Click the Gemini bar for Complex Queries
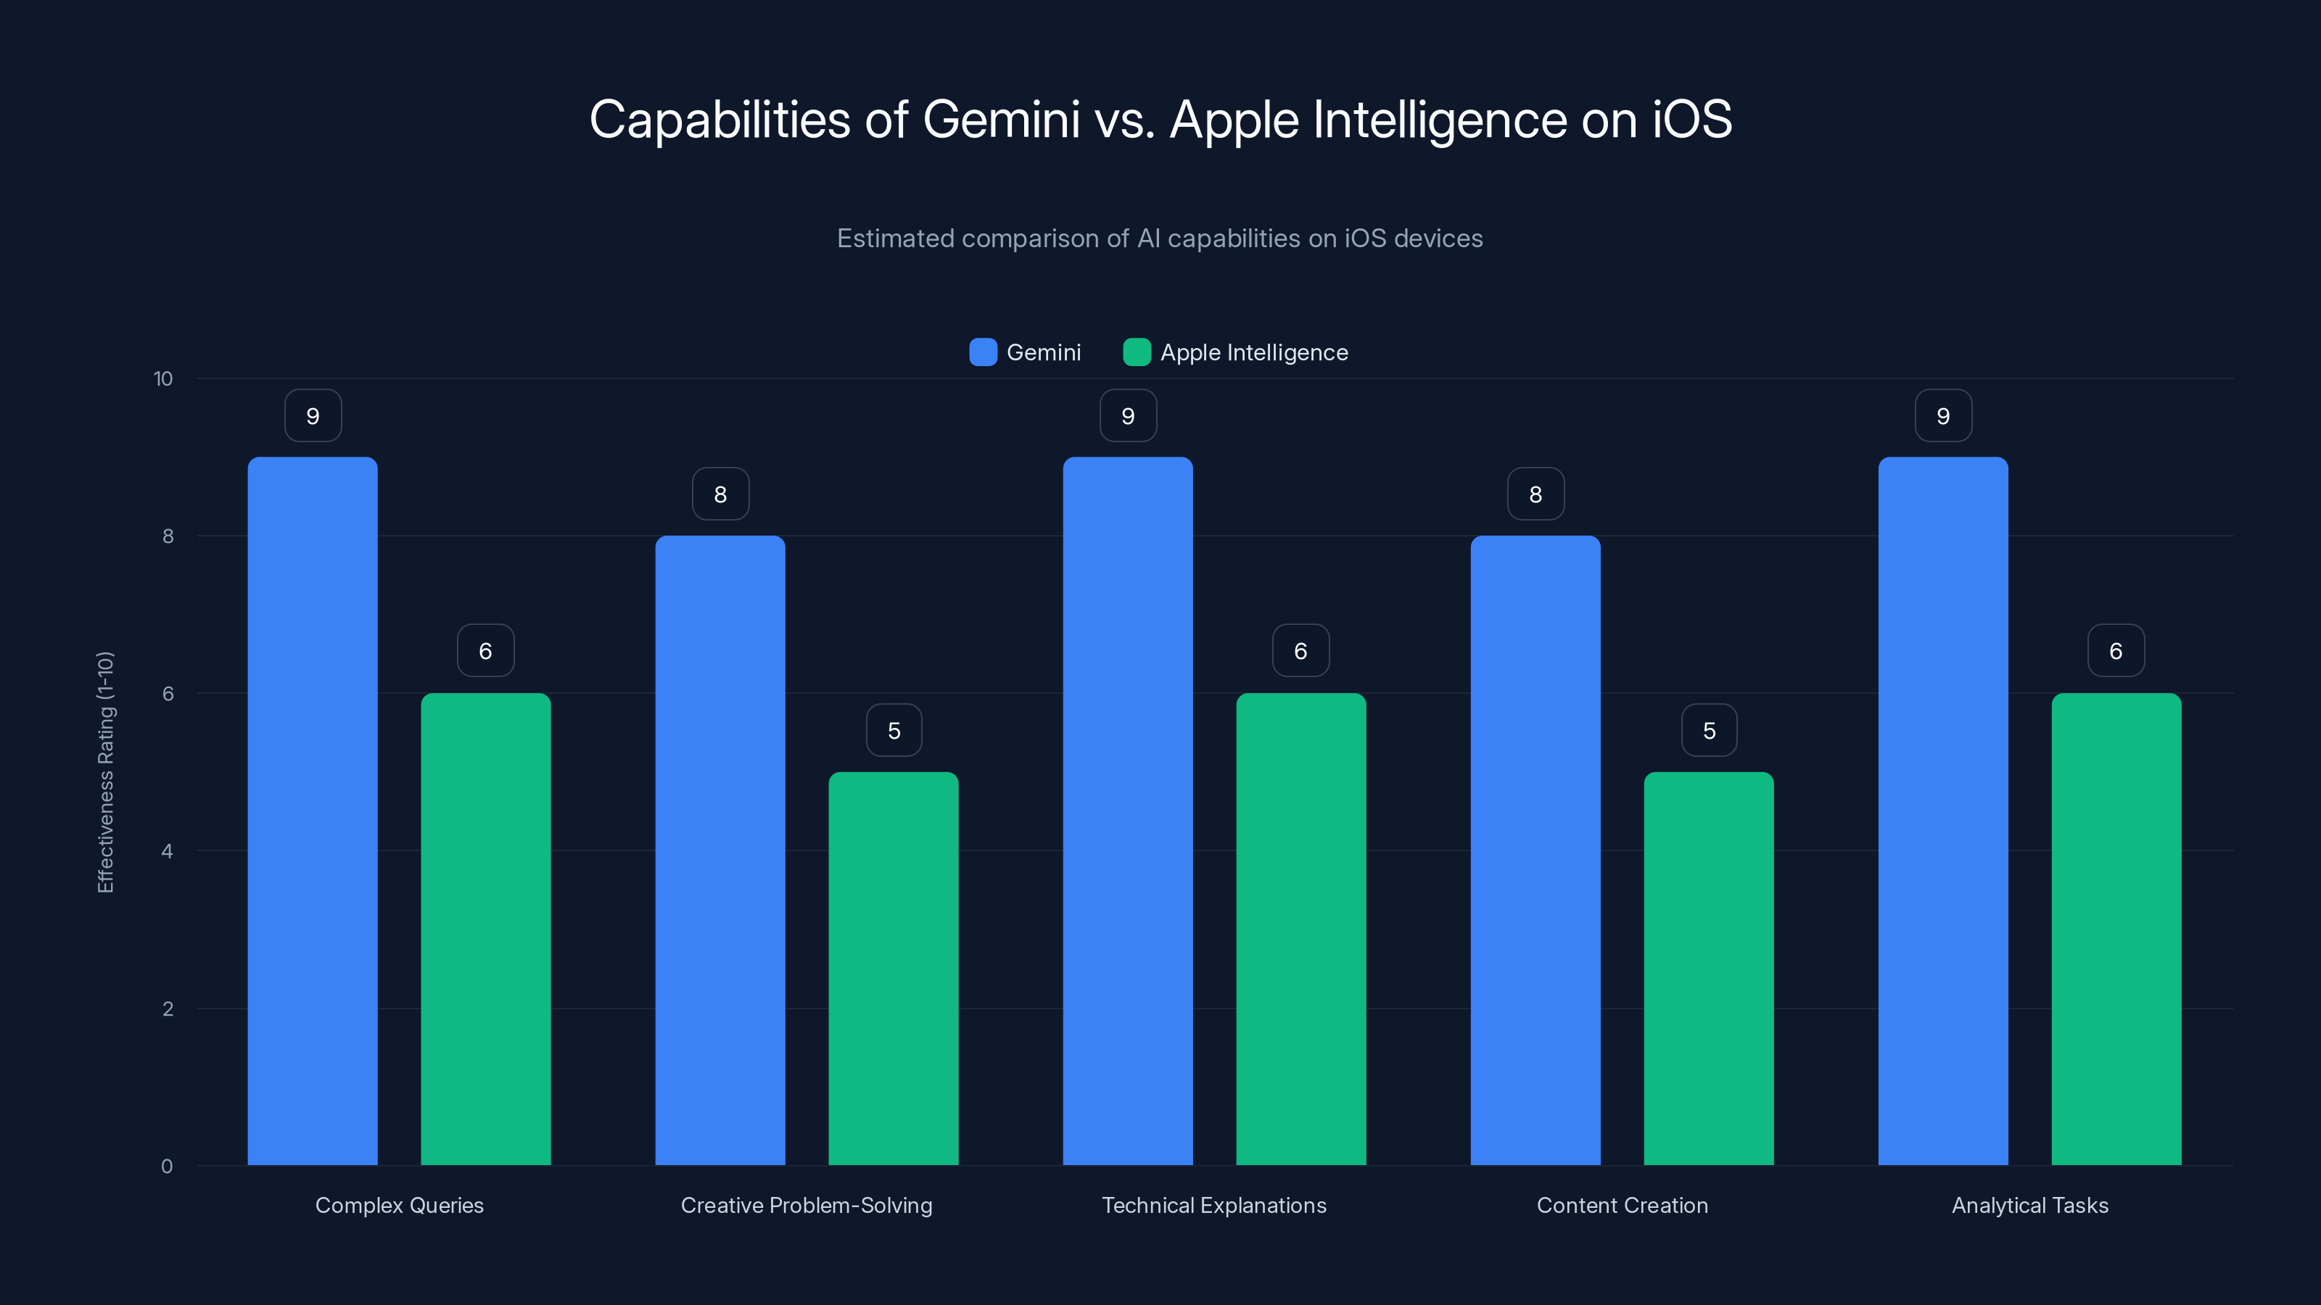[x=312, y=811]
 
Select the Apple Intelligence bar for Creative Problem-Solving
[x=893, y=968]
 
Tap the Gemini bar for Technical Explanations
[x=1127, y=811]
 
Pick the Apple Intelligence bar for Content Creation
[x=1708, y=968]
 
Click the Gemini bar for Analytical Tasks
[x=1942, y=811]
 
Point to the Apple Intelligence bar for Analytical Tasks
[x=2116, y=929]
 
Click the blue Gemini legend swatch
[x=983, y=352]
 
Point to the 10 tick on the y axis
[x=163, y=379]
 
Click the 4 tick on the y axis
[x=167, y=851]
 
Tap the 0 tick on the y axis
[x=167, y=1167]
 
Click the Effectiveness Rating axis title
[x=105, y=772]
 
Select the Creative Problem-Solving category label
[x=807, y=1205]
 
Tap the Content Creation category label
[x=1622, y=1205]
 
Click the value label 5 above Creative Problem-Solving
[x=894, y=730]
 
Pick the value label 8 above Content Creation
[x=1535, y=494]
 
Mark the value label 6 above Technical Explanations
[x=1300, y=651]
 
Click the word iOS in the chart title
[x=1691, y=119]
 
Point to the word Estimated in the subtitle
[x=894, y=239]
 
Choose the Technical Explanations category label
[x=1213, y=1205]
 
